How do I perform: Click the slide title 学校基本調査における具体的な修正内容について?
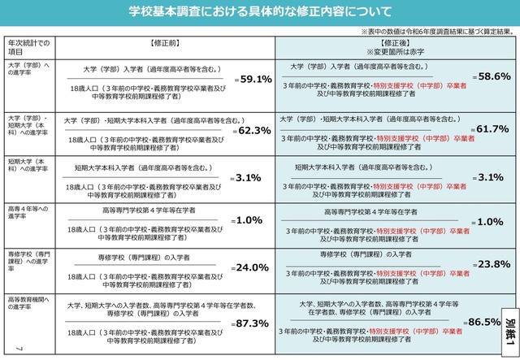click(259, 11)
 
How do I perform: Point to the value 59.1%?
click(253, 80)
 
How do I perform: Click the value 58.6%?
click(490, 76)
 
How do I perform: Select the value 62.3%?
click(253, 130)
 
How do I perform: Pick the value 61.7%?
click(490, 128)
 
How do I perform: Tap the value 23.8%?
click(490, 264)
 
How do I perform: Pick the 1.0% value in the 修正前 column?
click(248, 220)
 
